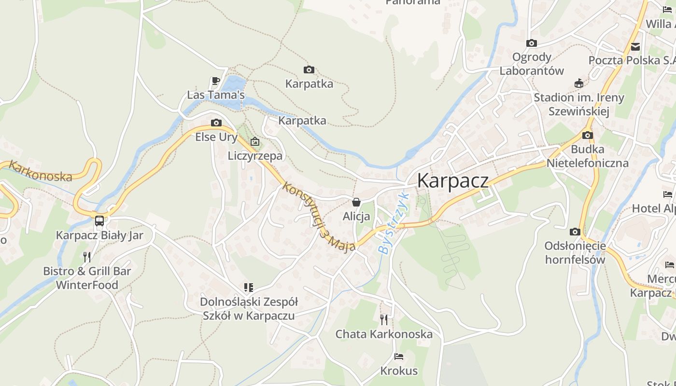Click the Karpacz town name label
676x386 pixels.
tap(452, 181)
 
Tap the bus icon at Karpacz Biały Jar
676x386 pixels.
tap(99, 221)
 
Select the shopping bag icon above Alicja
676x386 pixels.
tap(356, 202)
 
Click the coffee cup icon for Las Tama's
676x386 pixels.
tap(216, 81)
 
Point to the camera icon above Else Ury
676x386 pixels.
tap(216, 123)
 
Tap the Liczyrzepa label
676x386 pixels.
tap(255, 156)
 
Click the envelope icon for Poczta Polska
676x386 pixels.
tap(635, 47)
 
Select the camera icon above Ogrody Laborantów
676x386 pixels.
tap(532, 43)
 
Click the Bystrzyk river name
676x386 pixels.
tap(394, 223)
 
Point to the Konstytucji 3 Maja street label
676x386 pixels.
tap(319, 216)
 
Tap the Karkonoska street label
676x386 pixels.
tap(41, 171)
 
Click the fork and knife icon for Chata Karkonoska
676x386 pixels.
tap(384, 319)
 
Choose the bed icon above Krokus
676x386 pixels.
tap(399, 357)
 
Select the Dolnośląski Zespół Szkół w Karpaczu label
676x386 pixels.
tap(249, 309)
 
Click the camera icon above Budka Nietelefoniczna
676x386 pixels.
tap(588, 135)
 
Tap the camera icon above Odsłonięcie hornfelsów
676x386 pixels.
tap(575, 232)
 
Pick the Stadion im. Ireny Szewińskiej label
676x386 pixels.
tap(579, 104)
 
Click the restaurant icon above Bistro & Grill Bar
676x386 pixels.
tap(87, 257)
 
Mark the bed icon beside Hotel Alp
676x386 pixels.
tap(668, 194)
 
